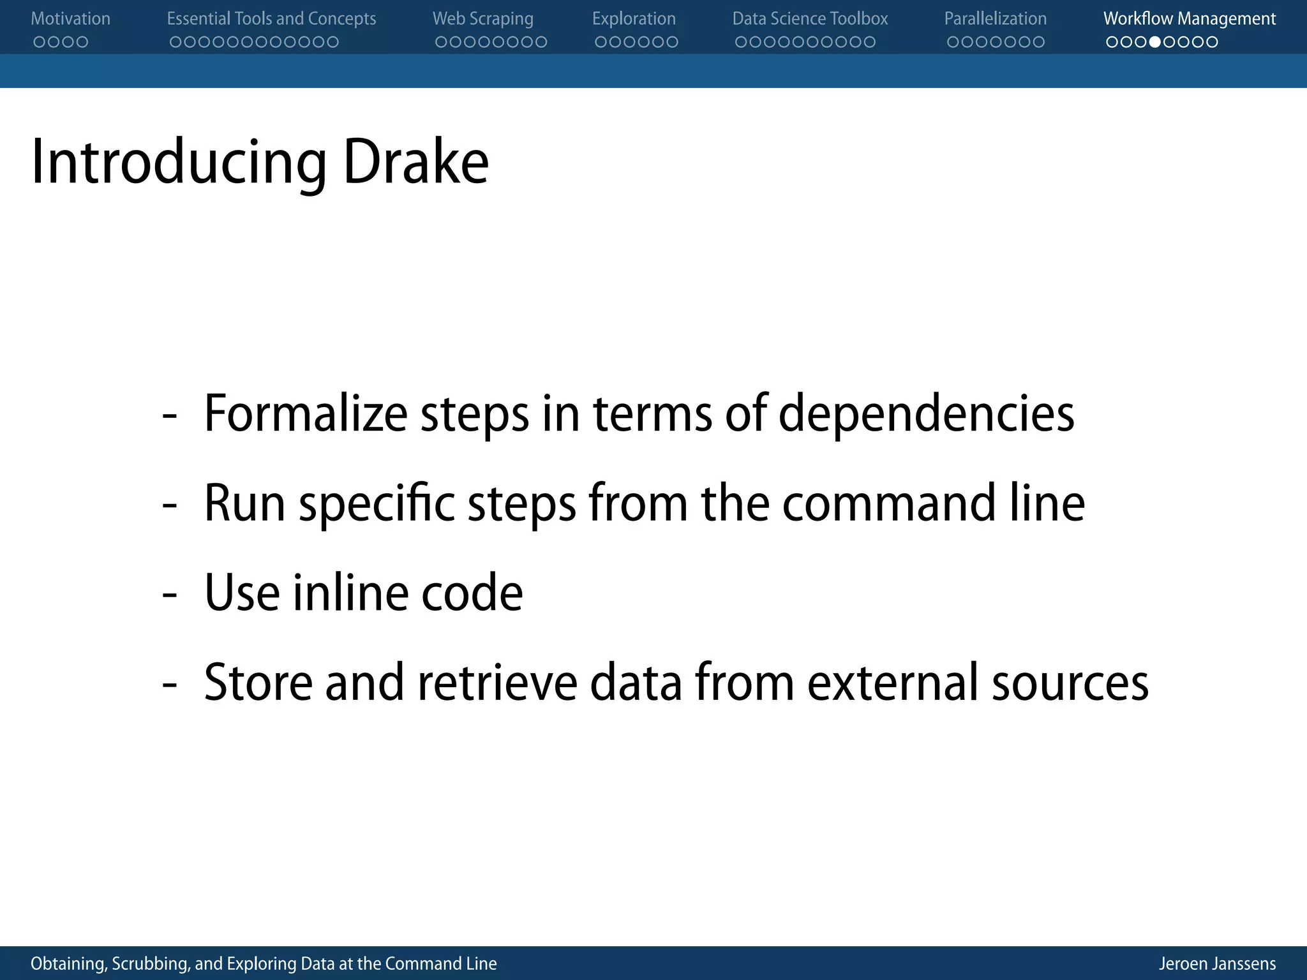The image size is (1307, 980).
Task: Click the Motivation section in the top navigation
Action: [x=70, y=19]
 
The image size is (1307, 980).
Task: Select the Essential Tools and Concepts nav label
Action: [x=271, y=19]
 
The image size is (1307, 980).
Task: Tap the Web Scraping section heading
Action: [x=482, y=19]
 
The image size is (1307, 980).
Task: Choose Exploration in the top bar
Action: [x=634, y=19]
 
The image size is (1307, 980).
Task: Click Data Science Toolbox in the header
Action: [x=810, y=19]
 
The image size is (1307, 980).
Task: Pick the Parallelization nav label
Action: [x=995, y=19]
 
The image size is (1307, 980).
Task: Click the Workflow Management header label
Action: [x=1190, y=19]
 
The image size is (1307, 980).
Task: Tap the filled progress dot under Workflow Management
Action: [x=1154, y=42]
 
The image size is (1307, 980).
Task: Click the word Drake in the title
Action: [x=415, y=162]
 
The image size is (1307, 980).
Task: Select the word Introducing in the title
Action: [x=179, y=162]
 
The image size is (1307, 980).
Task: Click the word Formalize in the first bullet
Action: [x=305, y=413]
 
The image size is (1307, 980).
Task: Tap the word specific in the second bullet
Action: [x=377, y=504]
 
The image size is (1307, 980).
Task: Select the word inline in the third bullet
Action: [x=349, y=592]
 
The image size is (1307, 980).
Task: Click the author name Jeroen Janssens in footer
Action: [x=1217, y=963]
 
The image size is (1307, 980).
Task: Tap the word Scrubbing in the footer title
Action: [x=151, y=963]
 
